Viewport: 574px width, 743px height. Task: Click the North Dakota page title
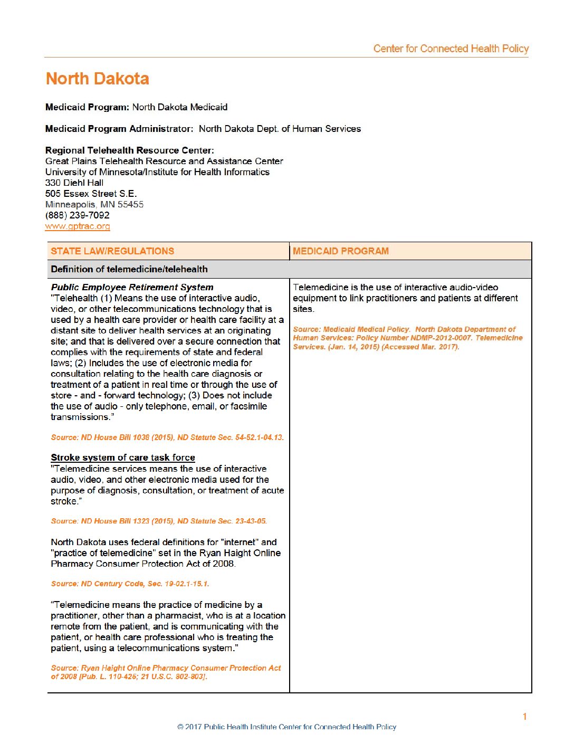(x=97, y=79)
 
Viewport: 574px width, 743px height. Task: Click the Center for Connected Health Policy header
(x=451, y=49)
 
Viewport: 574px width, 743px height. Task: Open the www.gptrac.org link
(x=78, y=226)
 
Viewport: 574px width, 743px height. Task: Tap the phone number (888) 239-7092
(x=77, y=215)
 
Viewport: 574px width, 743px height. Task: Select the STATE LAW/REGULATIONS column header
(x=112, y=251)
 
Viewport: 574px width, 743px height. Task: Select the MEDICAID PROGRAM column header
(x=341, y=251)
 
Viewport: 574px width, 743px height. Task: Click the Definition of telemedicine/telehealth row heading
(x=129, y=269)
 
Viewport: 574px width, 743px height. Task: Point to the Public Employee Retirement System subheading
(x=132, y=287)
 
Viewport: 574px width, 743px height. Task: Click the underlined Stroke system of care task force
(x=123, y=458)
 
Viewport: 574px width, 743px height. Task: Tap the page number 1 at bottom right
(x=524, y=716)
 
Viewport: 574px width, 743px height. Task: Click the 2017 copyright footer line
(x=287, y=727)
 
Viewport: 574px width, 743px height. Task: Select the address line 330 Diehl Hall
(x=74, y=183)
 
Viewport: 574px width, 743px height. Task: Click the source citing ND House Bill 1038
(x=167, y=437)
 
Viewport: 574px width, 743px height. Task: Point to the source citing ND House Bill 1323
(x=158, y=521)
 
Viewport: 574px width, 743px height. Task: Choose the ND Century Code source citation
(x=130, y=584)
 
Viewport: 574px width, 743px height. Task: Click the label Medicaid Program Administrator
(x=119, y=129)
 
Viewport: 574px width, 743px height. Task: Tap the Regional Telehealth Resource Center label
(x=130, y=150)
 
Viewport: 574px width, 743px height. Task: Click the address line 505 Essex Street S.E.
(x=91, y=194)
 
